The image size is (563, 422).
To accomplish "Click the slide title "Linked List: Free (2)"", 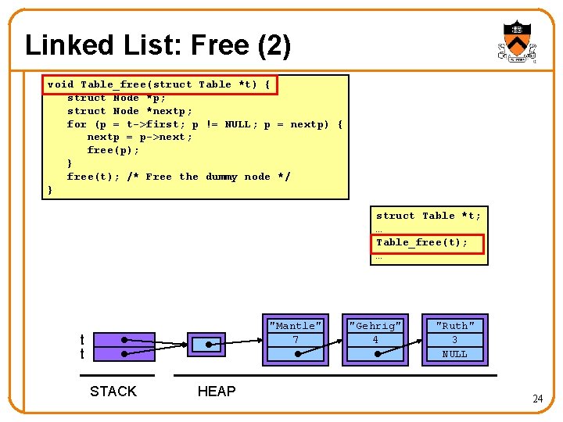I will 158,45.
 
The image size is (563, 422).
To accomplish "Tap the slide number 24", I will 537,399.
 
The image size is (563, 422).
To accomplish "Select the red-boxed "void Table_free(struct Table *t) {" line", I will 159,84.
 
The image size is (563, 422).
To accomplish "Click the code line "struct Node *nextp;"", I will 129,111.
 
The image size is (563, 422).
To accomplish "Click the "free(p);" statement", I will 113,150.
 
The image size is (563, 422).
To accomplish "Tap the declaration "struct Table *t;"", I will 429,216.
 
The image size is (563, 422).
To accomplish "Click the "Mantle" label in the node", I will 295,326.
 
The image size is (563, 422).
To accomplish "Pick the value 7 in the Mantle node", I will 295,340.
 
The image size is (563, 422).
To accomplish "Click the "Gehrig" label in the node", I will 375,326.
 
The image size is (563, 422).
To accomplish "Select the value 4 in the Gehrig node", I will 375,340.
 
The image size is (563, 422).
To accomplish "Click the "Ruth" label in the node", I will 454,326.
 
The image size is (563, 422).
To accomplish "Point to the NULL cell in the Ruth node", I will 454,354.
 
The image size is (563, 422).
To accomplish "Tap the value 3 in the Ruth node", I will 454,340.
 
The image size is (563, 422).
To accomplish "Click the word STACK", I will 113,392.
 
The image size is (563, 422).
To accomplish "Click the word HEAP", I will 217,392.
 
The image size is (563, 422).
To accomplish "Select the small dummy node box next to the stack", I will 207,344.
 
